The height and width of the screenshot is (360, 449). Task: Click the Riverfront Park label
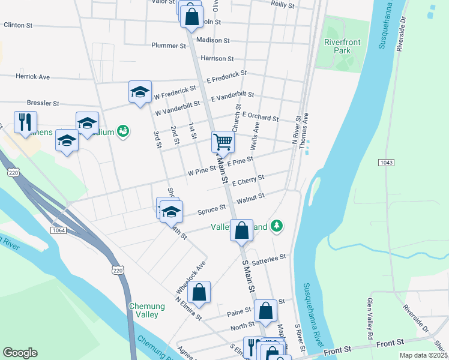(337, 47)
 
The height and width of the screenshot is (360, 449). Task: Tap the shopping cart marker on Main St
(222, 143)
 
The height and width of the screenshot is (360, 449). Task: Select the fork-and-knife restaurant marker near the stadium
(25, 122)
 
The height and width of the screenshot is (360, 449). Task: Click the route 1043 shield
(387, 163)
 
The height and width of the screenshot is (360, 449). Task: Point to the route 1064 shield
(58, 230)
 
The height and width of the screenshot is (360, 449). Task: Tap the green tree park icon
(276, 226)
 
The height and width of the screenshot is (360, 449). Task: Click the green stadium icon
(124, 131)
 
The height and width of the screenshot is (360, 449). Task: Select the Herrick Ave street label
(33, 77)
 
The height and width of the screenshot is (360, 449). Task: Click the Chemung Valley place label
(144, 310)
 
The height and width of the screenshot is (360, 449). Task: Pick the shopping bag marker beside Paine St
(265, 311)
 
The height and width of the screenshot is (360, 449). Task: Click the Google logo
(20, 353)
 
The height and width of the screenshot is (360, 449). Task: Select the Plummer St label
(169, 46)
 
